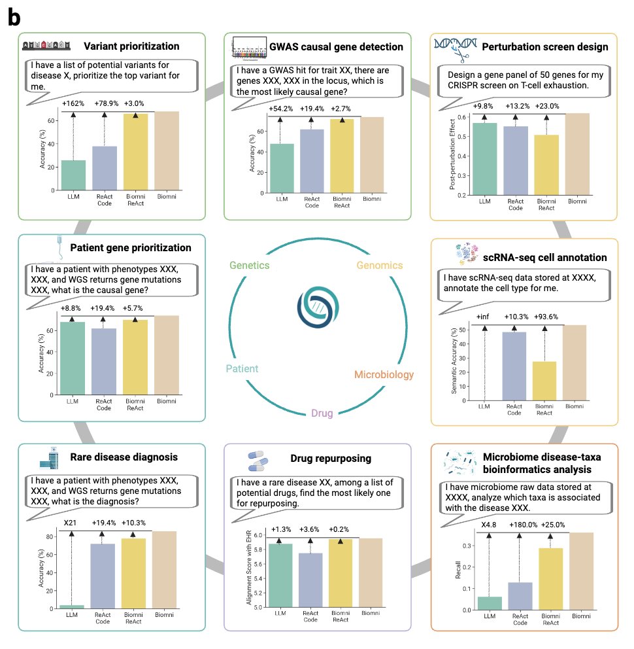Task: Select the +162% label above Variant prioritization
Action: pyautogui.click(x=73, y=103)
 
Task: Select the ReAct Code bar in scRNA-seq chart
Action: pyautogui.click(x=514, y=366)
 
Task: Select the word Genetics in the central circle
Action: pyautogui.click(x=250, y=265)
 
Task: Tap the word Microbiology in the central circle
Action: pyautogui.click(x=384, y=375)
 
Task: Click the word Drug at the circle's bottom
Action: pyautogui.click(x=322, y=413)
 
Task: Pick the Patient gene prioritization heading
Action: pyautogui.click(x=130, y=248)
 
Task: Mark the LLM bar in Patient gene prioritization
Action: pyautogui.click(x=73, y=359)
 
